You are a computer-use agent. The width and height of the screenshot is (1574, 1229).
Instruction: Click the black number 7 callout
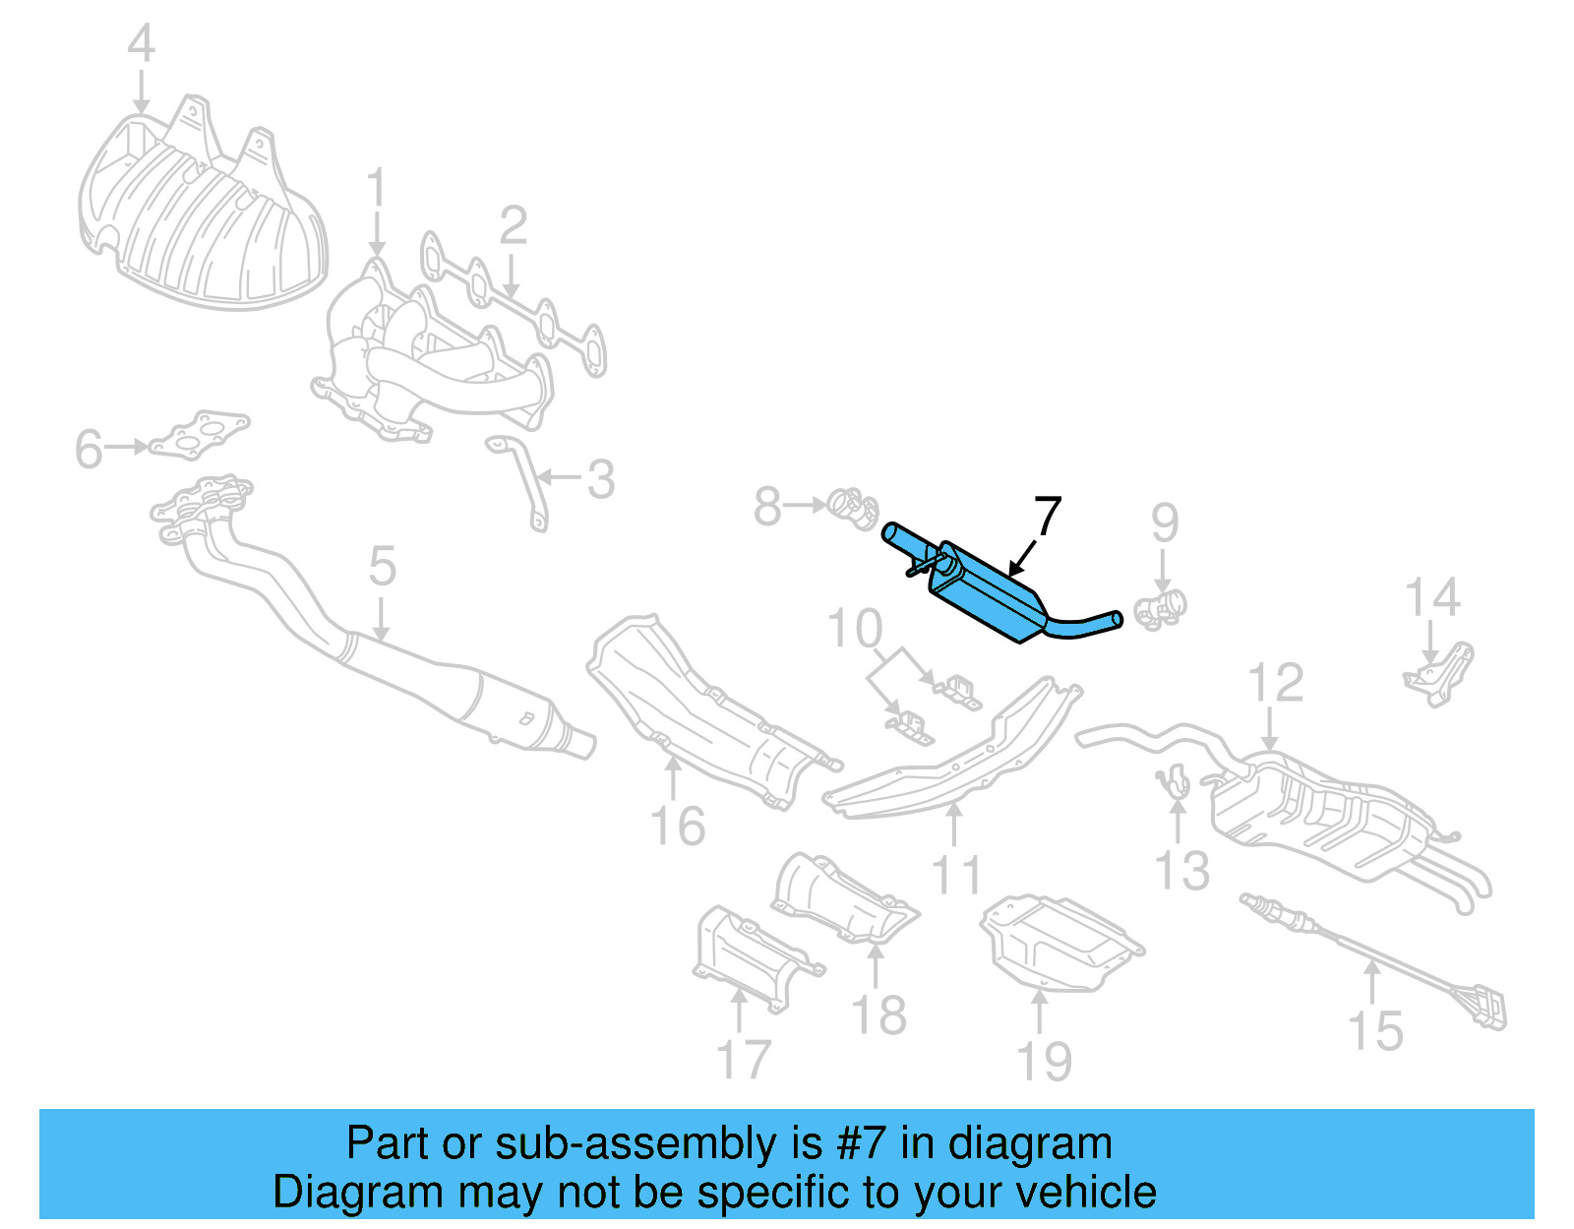(x=1048, y=516)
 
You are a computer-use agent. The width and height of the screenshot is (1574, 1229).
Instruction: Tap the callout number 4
(x=142, y=44)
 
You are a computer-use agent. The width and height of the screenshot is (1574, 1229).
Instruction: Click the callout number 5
(x=382, y=567)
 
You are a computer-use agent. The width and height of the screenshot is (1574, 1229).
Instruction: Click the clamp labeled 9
(x=1161, y=607)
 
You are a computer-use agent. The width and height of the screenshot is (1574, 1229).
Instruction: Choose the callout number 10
(x=854, y=629)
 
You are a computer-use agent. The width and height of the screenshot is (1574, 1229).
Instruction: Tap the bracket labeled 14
(x=1438, y=674)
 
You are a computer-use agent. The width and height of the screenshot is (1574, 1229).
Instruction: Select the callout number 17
(x=744, y=1060)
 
